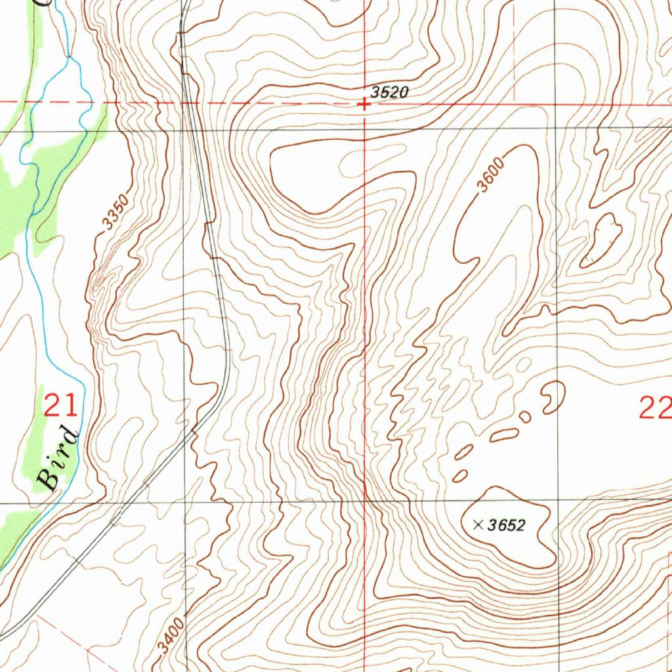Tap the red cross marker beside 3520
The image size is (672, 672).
coord(364,104)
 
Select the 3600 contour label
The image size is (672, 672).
coord(490,175)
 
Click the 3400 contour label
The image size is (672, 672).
coord(171,640)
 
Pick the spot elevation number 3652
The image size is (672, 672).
coord(507,525)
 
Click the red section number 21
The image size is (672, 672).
coord(60,406)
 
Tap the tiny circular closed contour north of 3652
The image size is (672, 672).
coord(524,417)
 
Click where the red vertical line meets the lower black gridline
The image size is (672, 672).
coord(365,502)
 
